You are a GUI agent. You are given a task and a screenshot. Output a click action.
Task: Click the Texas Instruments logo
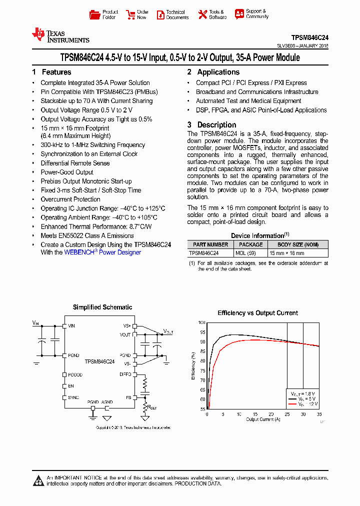click(x=60, y=35)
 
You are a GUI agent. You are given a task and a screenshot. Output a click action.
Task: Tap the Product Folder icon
click(x=94, y=14)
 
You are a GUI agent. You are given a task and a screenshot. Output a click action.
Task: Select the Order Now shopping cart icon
click(x=130, y=14)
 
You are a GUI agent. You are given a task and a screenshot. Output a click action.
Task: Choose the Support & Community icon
click(x=239, y=14)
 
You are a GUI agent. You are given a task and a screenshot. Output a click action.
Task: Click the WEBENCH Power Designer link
click(x=102, y=252)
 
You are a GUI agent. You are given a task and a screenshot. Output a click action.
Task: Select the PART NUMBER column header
click(x=210, y=244)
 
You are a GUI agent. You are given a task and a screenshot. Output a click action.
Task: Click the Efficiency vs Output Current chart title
click(x=257, y=313)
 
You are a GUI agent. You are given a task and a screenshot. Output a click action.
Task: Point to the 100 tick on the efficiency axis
click(x=201, y=323)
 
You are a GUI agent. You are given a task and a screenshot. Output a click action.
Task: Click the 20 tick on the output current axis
click(x=270, y=414)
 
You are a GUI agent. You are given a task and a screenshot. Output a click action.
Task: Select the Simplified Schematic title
click(x=102, y=307)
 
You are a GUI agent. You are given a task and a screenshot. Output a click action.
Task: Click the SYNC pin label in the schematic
click(x=73, y=397)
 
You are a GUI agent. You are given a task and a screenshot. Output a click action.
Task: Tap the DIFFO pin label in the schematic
click(x=125, y=374)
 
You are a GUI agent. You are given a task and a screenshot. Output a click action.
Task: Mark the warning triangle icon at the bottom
click(x=38, y=481)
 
